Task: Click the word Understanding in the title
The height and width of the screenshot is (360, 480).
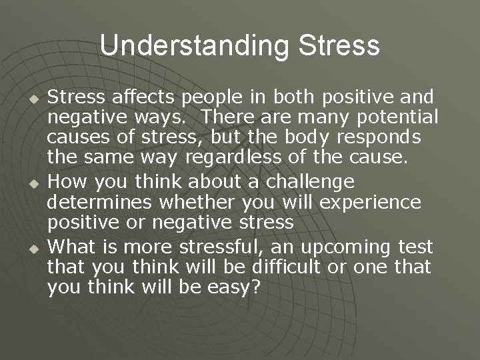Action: (193, 46)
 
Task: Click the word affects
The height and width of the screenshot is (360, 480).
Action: (142, 97)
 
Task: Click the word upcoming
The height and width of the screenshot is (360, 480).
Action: (346, 247)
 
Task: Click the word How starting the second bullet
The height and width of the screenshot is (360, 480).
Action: (67, 181)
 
